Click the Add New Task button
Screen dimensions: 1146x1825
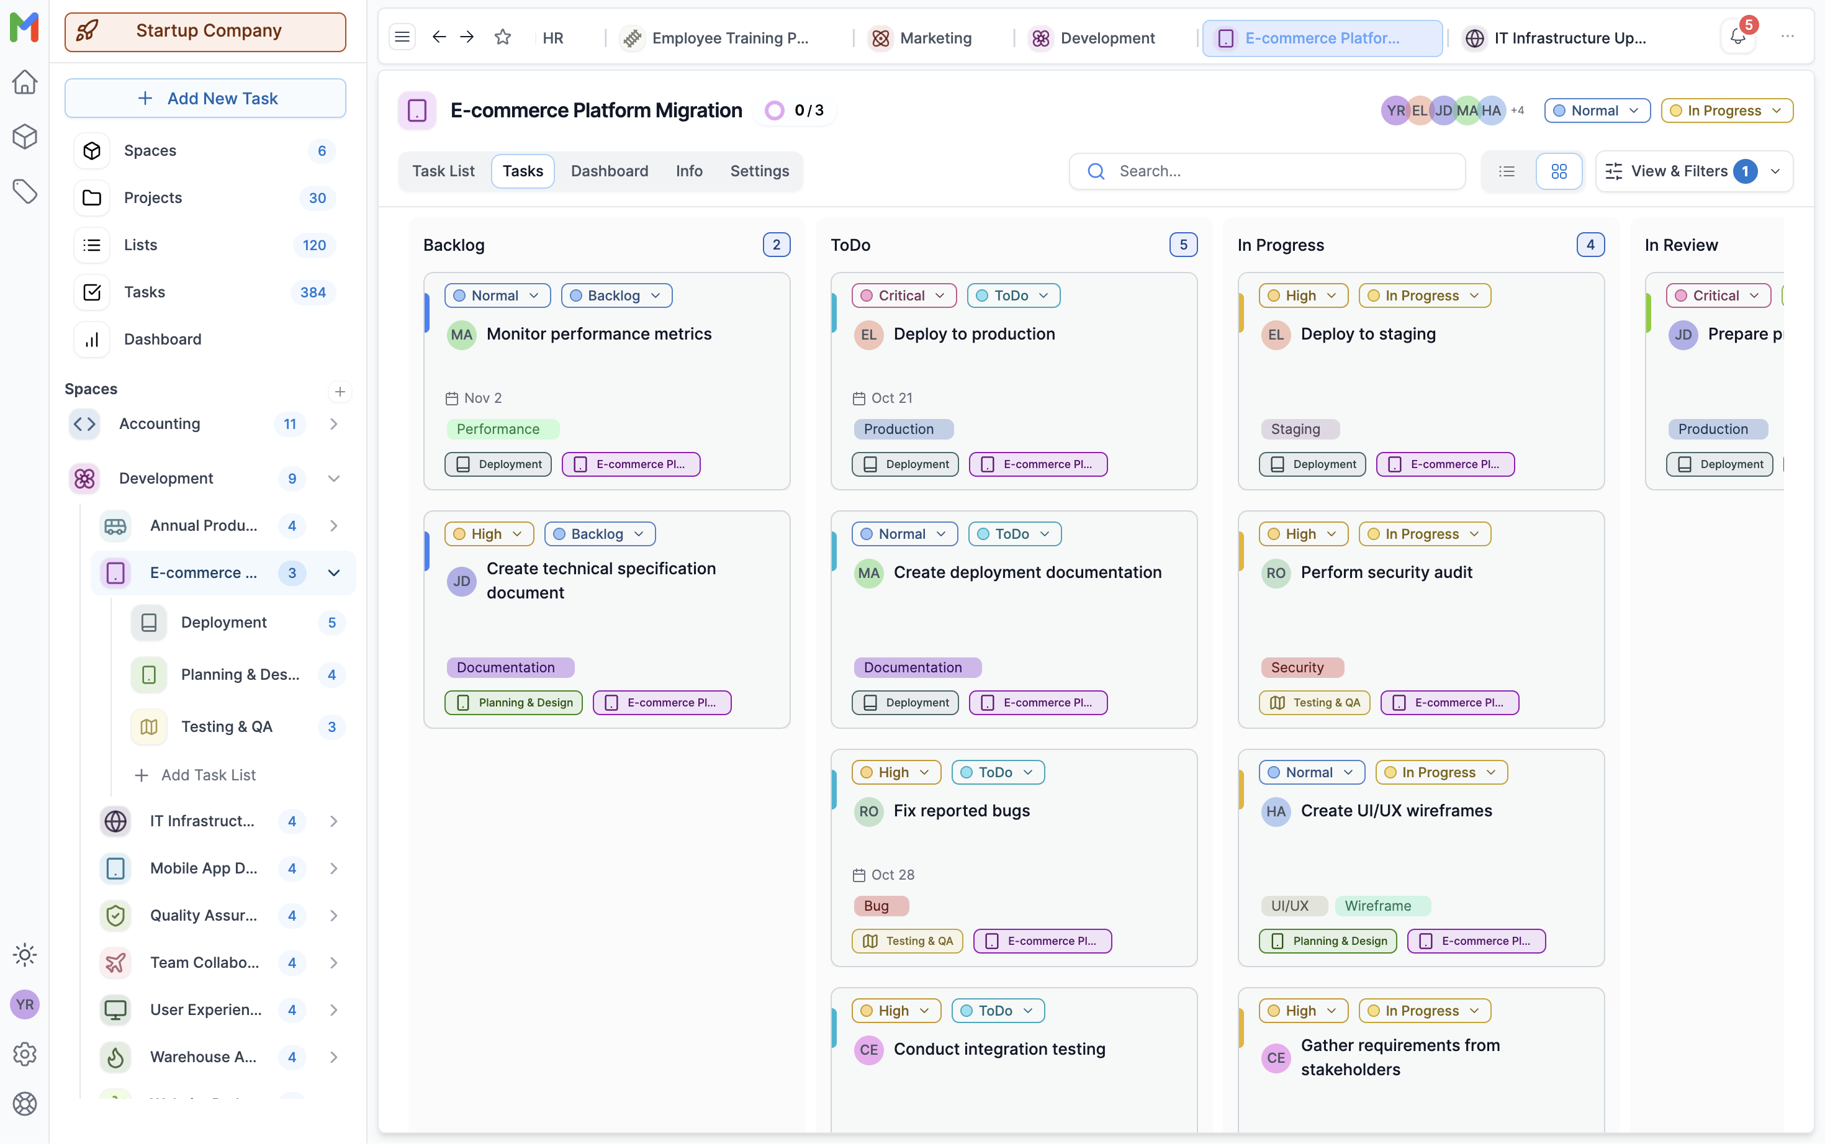point(205,99)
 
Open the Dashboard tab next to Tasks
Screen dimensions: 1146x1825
point(610,171)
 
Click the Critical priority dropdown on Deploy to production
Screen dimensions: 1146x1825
point(903,296)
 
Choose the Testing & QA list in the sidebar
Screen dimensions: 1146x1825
point(226,728)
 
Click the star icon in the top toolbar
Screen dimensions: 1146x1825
point(502,37)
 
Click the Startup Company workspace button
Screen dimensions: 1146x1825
point(205,31)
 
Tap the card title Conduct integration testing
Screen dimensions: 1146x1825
point(999,1050)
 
